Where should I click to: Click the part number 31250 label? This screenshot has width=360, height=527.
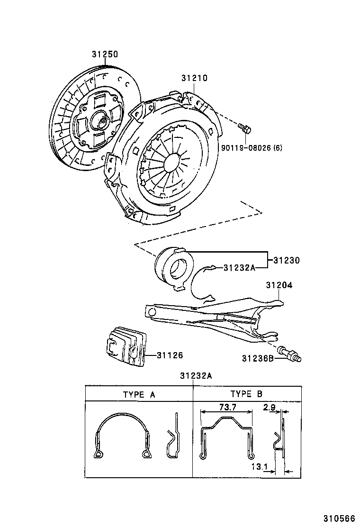[x=105, y=55]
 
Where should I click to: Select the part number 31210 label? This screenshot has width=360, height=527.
[x=194, y=78]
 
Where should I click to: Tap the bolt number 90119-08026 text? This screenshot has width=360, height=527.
[x=251, y=147]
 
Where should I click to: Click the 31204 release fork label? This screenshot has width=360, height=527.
[x=279, y=285]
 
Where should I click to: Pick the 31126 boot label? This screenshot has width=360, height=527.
[x=170, y=355]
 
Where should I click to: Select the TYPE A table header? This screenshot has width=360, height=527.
[x=139, y=394]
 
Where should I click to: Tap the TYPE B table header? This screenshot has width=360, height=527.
[x=246, y=394]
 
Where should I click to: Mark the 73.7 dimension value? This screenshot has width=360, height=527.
[x=227, y=407]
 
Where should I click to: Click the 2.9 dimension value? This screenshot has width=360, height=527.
[x=270, y=407]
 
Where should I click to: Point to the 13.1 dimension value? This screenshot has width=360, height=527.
[x=260, y=467]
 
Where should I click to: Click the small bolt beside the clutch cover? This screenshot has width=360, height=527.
[x=245, y=128]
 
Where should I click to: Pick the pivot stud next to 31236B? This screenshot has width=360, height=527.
[x=290, y=354]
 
